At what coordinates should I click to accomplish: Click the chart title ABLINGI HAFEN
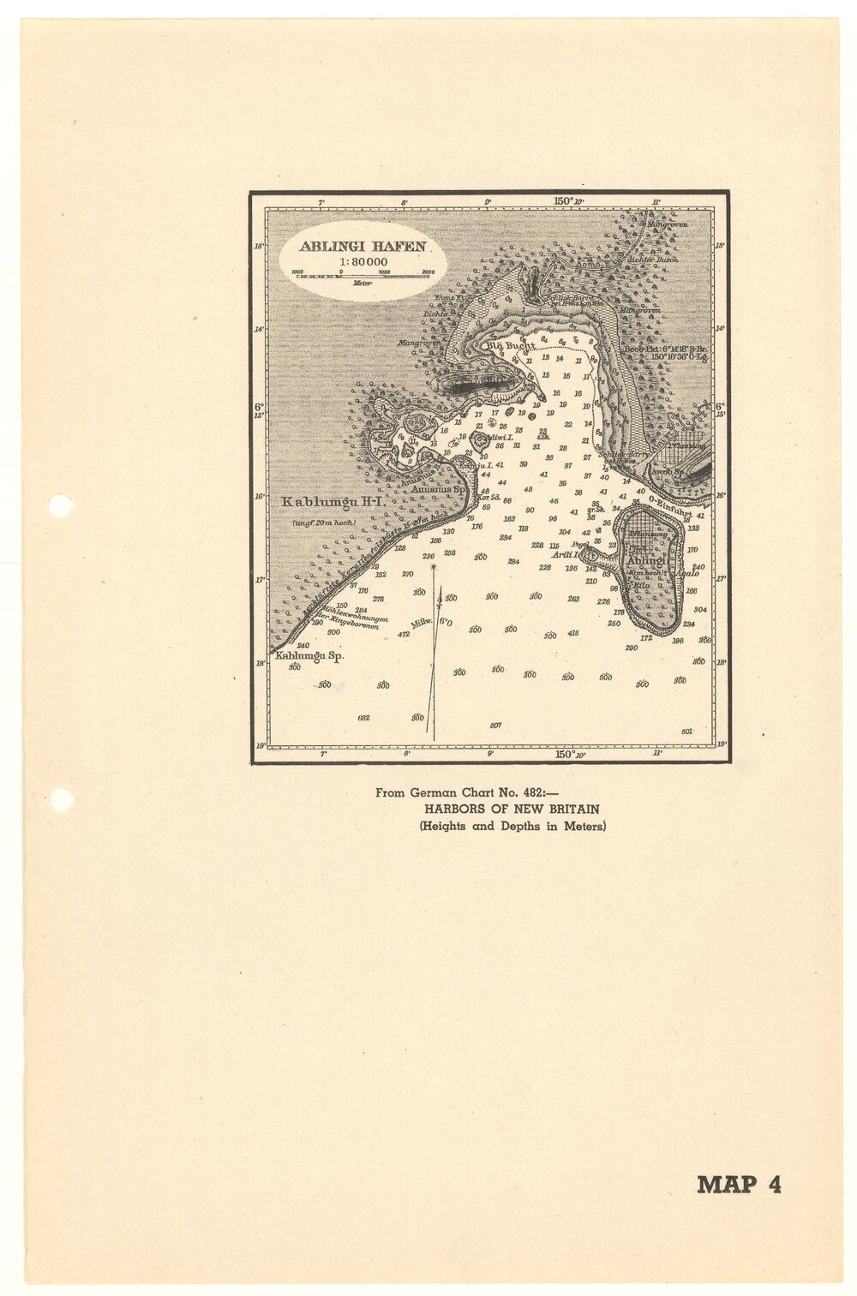363,246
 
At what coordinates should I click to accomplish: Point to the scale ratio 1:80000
363,261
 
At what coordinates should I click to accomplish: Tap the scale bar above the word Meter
362,276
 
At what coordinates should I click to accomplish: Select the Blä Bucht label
510,345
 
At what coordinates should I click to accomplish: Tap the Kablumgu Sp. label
309,656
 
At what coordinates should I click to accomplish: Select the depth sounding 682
363,718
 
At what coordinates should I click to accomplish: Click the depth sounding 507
495,726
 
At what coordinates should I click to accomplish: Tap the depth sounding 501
686,731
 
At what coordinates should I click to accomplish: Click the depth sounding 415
572,633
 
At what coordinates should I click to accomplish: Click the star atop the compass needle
434,567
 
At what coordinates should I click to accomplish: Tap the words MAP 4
739,1185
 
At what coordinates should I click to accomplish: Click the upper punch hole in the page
60,506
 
